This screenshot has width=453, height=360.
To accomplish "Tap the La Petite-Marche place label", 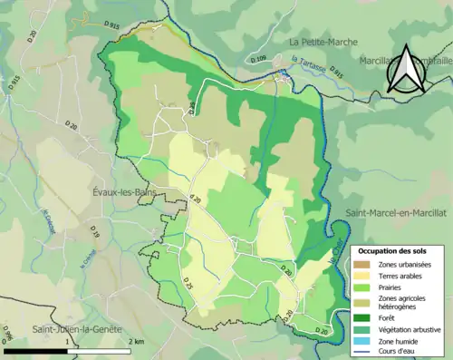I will click(x=324, y=42).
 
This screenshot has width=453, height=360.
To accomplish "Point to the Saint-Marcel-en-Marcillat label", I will click(x=390, y=211).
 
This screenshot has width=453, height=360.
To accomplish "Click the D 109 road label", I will click(x=260, y=59).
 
